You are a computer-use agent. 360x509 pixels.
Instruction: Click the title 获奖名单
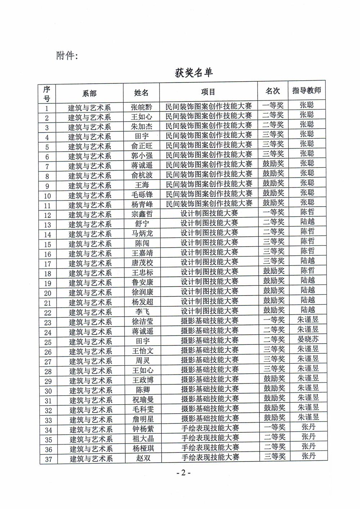194,72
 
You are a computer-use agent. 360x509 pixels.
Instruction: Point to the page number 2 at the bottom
183,473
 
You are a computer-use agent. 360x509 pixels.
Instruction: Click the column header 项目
208,92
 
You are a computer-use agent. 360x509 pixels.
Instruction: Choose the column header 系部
89,93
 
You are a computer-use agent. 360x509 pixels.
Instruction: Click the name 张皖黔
141,107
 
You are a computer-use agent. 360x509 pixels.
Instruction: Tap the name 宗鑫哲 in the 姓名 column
142,214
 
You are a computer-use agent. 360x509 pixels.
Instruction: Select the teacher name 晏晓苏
308,339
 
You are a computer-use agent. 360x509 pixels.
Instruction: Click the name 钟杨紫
143,428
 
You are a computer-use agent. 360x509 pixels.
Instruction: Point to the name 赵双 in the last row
143,458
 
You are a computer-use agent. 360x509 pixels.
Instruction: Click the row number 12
48,216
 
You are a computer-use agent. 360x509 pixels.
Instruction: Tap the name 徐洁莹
143,321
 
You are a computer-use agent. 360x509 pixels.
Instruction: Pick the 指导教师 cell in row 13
307,222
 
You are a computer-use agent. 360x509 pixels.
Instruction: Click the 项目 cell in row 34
210,428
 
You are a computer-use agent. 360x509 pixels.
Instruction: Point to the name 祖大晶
143,438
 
